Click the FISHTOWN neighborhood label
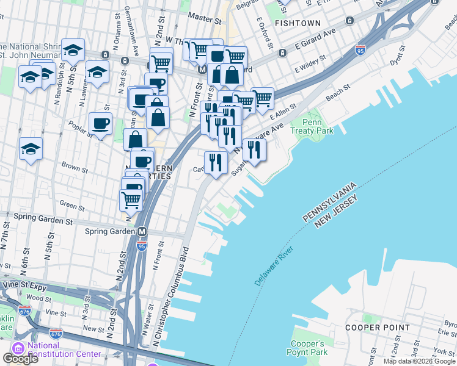(x=298, y=23)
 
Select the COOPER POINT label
(x=377, y=328)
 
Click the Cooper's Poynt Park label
(x=307, y=347)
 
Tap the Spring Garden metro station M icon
(x=142, y=232)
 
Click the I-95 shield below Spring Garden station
(x=142, y=246)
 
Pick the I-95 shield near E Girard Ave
(x=361, y=49)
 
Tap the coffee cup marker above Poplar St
(x=101, y=124)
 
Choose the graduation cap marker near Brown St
(x=31, y=149)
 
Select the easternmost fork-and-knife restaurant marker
(x=254, y=149)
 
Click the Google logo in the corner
(x=20, y=359)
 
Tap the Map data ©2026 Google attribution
(x=419, y=361)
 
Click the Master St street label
(x=204, y=18)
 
